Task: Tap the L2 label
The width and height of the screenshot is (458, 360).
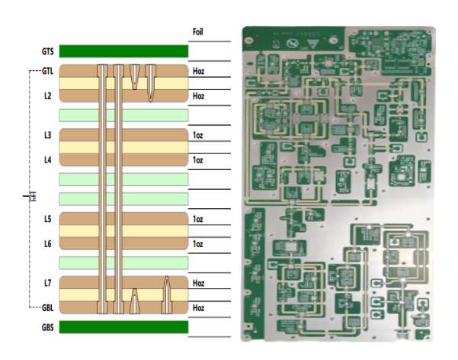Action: coord(47,96)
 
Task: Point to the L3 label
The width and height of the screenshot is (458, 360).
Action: coord(47,135)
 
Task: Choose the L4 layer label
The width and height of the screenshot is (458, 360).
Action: coord(47,160)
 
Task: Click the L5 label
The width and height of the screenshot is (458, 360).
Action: coord(47,219)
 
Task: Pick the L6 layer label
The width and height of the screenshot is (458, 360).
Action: coord(47,244)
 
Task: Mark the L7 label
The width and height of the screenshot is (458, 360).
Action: coord(47,283)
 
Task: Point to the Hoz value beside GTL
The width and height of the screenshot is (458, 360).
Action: coord(199,71)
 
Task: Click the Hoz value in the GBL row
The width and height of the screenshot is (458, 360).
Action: coord(199,308)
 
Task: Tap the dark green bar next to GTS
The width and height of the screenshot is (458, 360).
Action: coord(123,52)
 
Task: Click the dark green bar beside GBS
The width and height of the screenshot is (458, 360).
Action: coord(123,327)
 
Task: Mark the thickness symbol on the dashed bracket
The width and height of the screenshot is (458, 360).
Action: coord(31,197)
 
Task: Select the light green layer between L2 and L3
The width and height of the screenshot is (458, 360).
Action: coord(123,115)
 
